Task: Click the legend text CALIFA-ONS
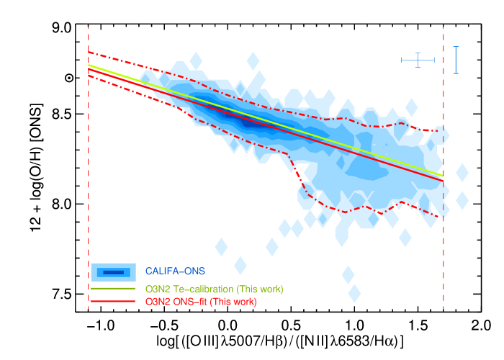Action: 175,271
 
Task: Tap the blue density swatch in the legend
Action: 113,272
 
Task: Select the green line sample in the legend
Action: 113,289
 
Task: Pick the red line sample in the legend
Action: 113,302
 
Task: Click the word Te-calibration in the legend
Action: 202,289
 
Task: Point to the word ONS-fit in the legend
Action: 189,302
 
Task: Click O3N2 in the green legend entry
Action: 158,289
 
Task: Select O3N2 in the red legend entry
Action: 158,302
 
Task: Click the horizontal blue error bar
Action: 418,60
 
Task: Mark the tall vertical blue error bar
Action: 456,60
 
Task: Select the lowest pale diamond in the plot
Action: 354,293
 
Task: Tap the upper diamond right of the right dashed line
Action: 462,173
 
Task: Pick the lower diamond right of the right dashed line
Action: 462,200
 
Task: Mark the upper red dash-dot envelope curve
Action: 324,119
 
